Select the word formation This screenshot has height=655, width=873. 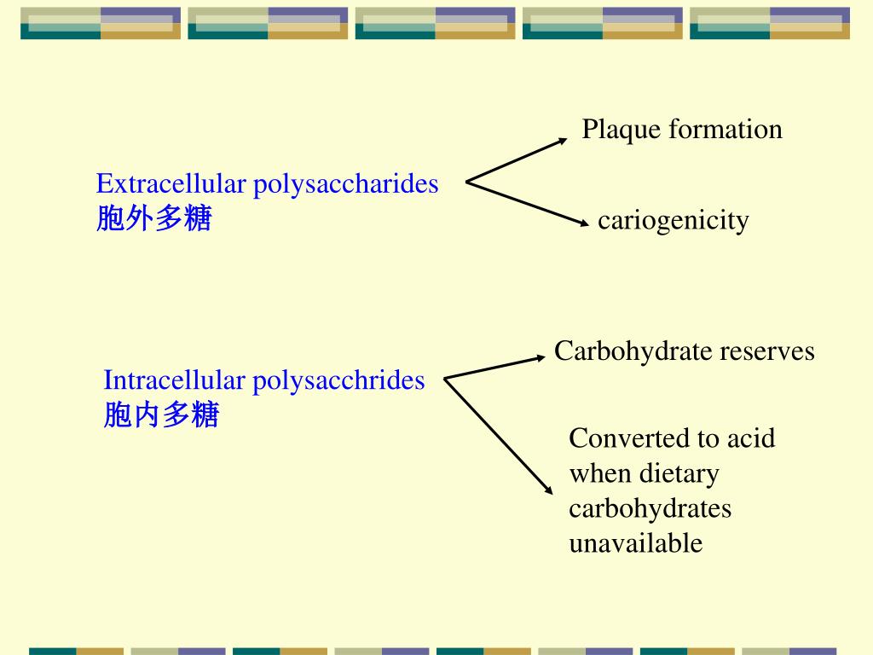pyautogui.click(x=726, y=130)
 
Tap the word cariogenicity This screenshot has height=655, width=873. pyautogui.click(x=673, y=221)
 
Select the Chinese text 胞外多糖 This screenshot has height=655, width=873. pyautogui.click(x=153, y=220)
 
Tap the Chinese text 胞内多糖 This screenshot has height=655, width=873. pyautogui.click(x=161, y=415)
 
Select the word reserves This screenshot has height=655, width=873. pyautogui.click(x=768, y=351)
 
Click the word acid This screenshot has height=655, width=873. pyautogui.click(x=750, y=438)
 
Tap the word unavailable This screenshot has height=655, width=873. pyautogui.click(x=635, y=543)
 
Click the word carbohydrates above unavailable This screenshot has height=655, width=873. pyautogui.click(x=650, y=508)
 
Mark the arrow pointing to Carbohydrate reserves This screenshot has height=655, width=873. pyautogui.click(x=494, y=368)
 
